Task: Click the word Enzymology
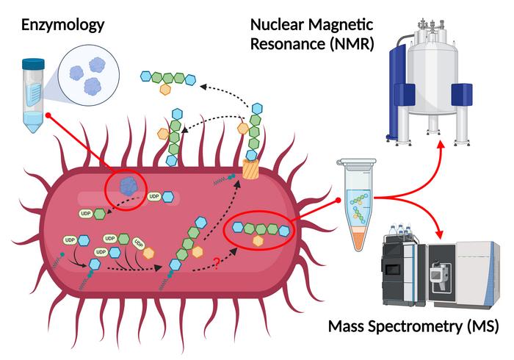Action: click(62, 25)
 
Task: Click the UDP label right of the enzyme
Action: click(154, 197)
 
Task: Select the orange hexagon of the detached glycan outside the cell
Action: click(167, 90)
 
